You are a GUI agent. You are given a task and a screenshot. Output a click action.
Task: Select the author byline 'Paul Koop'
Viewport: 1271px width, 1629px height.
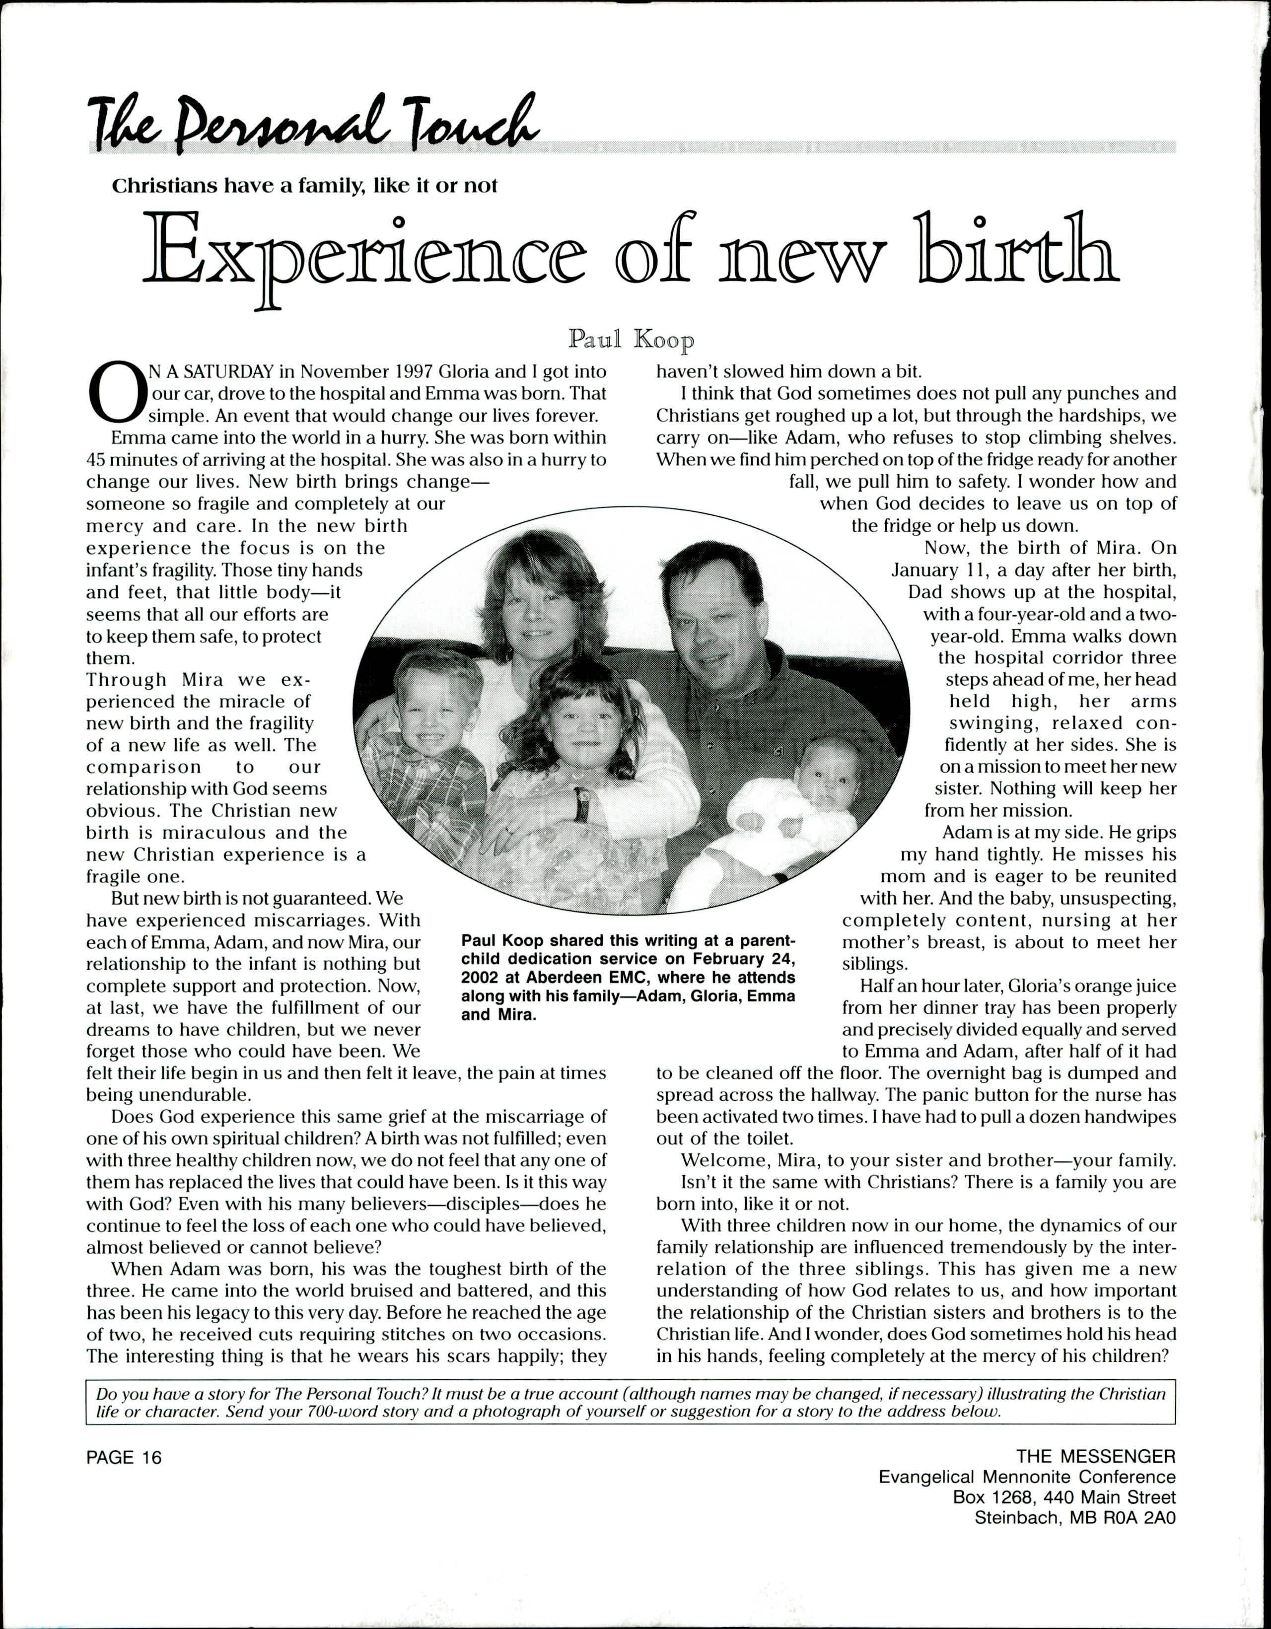(631, 340)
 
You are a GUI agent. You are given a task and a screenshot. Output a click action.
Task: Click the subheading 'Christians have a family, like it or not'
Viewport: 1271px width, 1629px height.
(304, 186)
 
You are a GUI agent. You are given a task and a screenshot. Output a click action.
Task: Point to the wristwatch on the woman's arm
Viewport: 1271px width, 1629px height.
(582, 803)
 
